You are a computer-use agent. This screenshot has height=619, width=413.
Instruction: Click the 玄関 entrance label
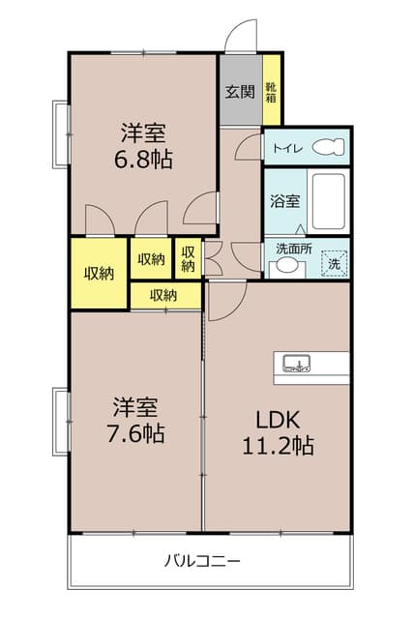240,93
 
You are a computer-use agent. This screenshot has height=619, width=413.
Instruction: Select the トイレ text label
286,148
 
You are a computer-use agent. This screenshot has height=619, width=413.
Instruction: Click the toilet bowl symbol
329,148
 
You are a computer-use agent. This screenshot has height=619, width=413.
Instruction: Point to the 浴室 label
283,202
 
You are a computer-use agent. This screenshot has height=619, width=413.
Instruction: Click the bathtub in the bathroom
329,200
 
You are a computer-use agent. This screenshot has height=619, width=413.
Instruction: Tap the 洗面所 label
293,248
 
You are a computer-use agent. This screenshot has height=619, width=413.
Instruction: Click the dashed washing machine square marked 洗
332,262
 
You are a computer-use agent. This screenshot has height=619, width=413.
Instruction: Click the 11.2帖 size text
278,446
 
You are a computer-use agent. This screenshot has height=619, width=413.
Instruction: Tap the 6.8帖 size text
145,159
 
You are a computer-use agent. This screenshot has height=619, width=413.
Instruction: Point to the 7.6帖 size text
134,432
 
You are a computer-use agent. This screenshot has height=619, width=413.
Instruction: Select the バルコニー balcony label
202,560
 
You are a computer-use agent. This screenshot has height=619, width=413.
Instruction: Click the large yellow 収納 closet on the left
99,273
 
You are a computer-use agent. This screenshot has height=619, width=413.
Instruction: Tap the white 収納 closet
151,258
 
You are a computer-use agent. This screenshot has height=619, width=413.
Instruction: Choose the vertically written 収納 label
188,258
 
